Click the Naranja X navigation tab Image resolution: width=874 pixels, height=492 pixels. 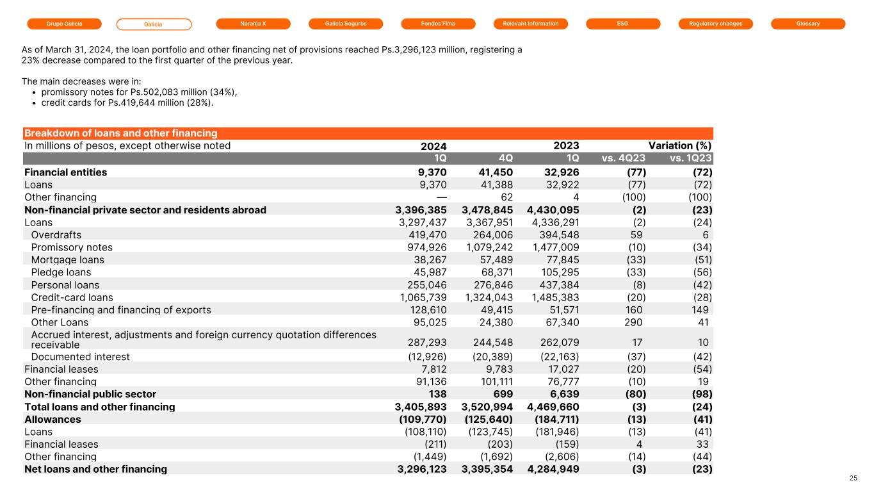tap(254, 24)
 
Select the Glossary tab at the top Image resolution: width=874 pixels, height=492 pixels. tap(808, 24)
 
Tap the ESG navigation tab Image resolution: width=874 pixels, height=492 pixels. tap(623, 24)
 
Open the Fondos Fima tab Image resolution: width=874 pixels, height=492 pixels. tap(438, 24)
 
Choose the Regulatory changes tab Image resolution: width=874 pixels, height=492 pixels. tap(715, 24)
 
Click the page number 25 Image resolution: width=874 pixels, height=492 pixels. tap(853, 478)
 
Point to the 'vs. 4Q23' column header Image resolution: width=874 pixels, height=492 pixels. tap(624, 158)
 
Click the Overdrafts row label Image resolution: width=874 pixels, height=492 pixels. tap(56, 235)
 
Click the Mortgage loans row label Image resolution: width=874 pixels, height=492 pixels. tap(67, 260)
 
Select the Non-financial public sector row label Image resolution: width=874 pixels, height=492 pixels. tap(90, 394)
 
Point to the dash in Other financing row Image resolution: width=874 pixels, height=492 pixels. tap(440, 197)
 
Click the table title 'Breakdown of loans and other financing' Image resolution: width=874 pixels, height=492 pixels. tap(120, 133)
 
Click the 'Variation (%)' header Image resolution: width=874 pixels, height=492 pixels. tap(680, 145)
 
